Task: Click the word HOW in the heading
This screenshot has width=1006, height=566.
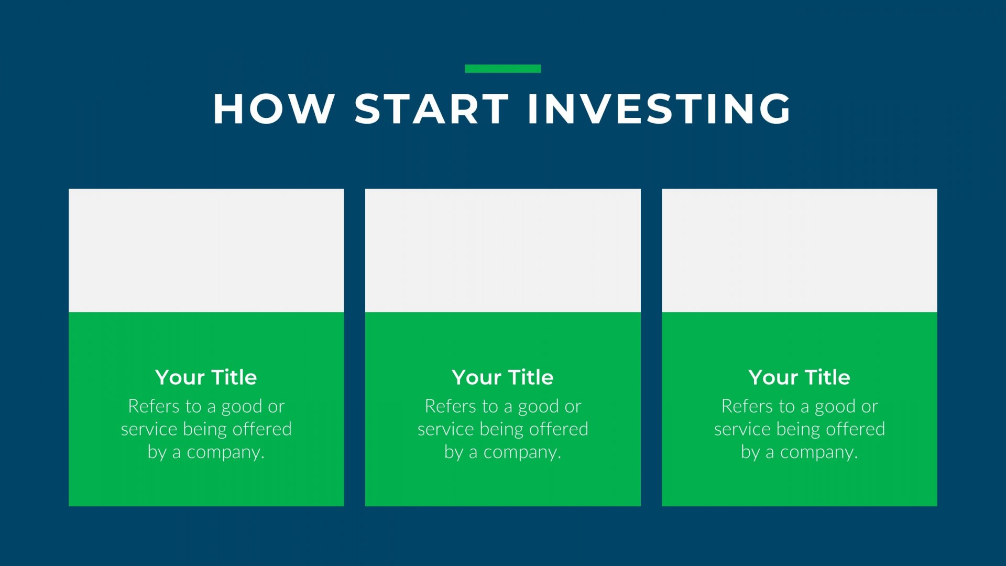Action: [x=274, y=109]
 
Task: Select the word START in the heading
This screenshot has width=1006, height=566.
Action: [x=432, y=109]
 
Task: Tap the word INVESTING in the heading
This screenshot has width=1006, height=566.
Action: [x=660, y=109]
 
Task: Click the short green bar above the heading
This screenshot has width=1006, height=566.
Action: [x=503, y=69]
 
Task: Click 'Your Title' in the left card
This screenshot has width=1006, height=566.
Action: [x=206, y=377]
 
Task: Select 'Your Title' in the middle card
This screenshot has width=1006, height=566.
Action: [x=503, y=377]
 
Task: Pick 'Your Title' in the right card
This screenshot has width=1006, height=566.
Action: [x=800, y=377]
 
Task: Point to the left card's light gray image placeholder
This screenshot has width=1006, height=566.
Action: [x=206, y=251]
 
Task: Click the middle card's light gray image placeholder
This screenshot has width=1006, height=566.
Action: [x=503, y=251]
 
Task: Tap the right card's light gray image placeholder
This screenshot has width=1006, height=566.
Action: [x=800, y=251]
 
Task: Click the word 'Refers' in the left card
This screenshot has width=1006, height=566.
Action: [x=154, y=406]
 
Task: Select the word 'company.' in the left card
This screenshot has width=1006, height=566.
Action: [x=226, y=452]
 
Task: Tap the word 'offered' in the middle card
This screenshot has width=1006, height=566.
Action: [x=559, y=429]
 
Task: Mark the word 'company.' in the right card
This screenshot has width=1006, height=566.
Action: [x=819, y=452]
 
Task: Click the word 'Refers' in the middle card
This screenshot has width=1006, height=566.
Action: [x=450, y=406]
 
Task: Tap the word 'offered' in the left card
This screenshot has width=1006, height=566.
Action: [x=262, y=429]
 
